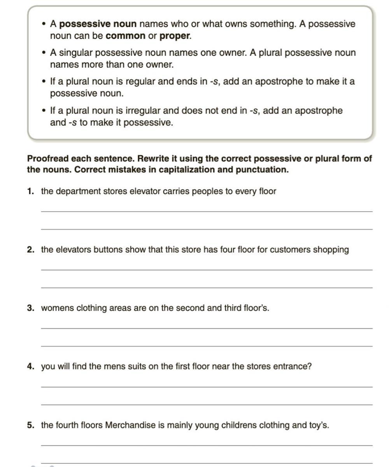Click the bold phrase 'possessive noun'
(x=98, y=24)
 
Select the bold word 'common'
(x=125, y=36)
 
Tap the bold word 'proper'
(x=175, y=36)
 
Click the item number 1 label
(x=30, y=191)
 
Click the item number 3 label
(x=31, y=308)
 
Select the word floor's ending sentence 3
(x=256, y=308)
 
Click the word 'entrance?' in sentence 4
(x=293, y=367)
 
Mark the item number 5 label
(x=31, y=425)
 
